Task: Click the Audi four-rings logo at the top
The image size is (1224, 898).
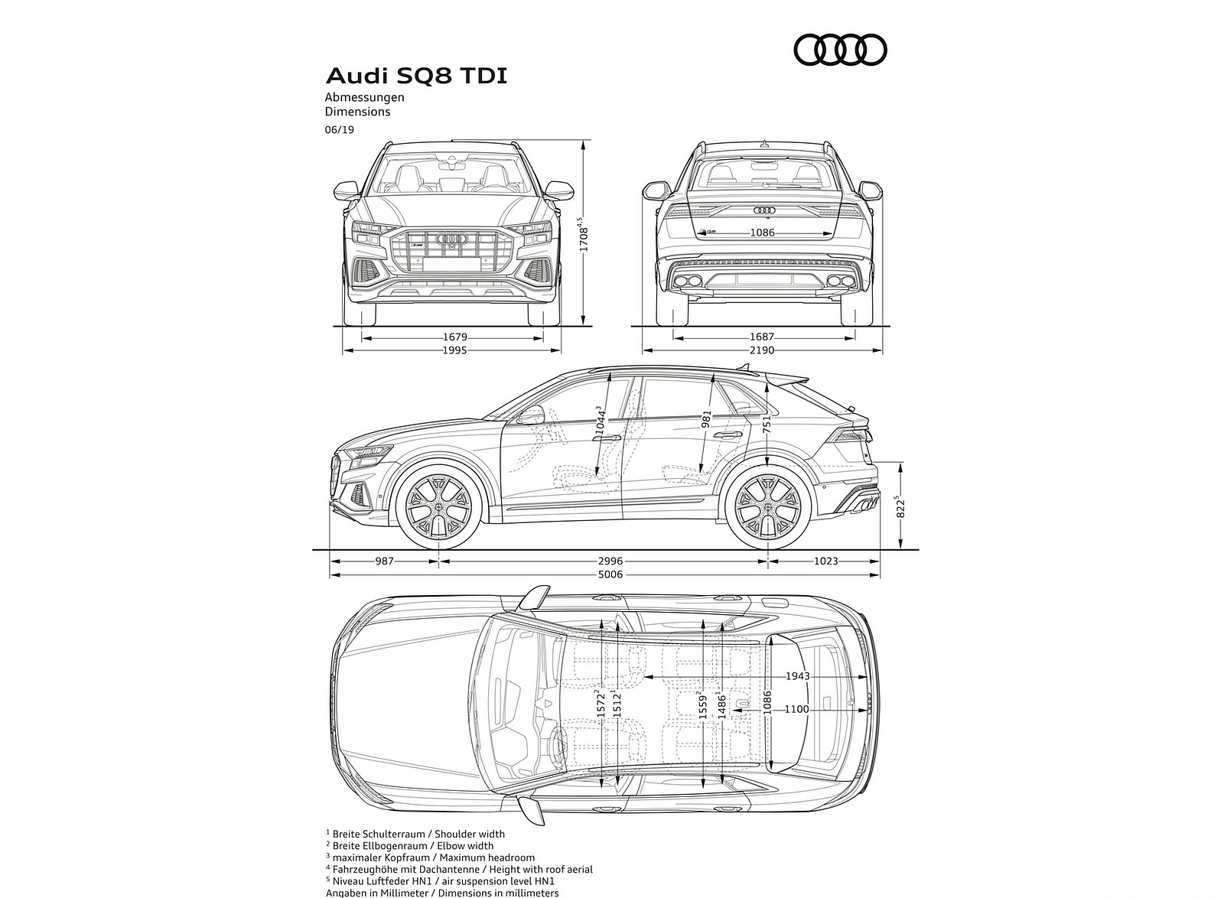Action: (840, 50)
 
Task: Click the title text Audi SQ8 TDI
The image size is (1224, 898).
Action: (416, 76)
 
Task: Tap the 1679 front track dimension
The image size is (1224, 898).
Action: (454, 337)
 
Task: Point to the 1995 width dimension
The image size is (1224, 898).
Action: (454, 350)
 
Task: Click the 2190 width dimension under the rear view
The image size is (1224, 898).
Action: (762, 350)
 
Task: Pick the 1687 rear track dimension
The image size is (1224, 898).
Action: (762, 337)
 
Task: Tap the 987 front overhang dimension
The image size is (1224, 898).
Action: (384, 561)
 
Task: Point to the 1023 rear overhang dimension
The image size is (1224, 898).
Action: (825, 561)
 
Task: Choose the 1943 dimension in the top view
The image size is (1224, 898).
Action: (797, 677)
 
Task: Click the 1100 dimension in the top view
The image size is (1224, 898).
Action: (796, 709)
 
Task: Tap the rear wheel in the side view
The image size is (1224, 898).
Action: (768, 508)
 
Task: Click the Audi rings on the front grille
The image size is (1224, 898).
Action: (451, 239)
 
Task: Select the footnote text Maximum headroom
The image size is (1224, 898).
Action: (496, 858)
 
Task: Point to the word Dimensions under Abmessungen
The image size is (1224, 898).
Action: (357, 112)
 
